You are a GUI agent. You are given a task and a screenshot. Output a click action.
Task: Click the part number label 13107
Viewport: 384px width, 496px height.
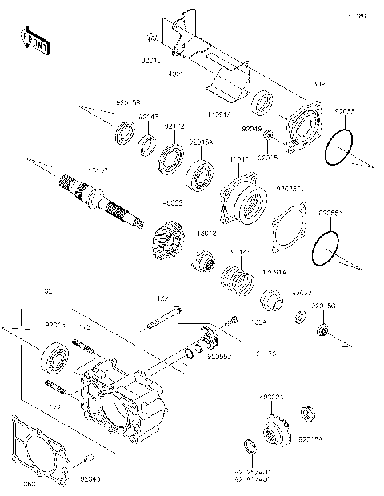(98, 170)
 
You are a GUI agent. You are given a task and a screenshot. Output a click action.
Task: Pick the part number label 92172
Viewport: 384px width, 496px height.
(174, 126)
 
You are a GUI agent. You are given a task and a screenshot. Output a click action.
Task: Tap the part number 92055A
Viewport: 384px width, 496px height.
(330, 214)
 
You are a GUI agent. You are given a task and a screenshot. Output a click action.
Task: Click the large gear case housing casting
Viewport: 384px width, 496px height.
(128, 392)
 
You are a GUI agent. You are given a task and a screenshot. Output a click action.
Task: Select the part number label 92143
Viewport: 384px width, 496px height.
(148, 117)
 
